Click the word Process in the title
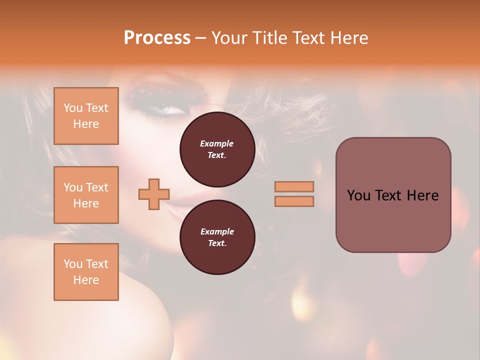point(157,37)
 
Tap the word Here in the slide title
point(350,37)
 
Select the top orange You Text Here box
point(86,116)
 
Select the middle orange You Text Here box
point(86,195)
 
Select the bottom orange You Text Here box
point(86,272)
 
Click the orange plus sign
point(154,194)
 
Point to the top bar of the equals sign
point(294,186)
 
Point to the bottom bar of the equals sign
point(294,201)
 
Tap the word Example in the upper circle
point(217,143)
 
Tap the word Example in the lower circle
point(217,231)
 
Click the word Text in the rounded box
point(393,195)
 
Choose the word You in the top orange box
point(73,108)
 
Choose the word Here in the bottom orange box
point(86,280)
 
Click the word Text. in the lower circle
point(217,243)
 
